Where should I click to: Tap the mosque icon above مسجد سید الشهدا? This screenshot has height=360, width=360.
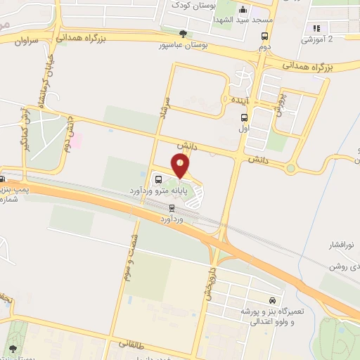(243, 10)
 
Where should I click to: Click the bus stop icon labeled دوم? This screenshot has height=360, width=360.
(264, 37)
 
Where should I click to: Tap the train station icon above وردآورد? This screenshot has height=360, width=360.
(172, 207)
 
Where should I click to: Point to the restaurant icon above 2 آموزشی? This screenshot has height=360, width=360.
(316, 28)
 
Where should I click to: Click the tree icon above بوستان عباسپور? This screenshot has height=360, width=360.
(184, 33)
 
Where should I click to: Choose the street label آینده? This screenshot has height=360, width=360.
(238, 101)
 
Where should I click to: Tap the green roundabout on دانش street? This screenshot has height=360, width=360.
(290, 168)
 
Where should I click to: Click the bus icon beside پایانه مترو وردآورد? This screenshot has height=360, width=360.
(157, 178)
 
